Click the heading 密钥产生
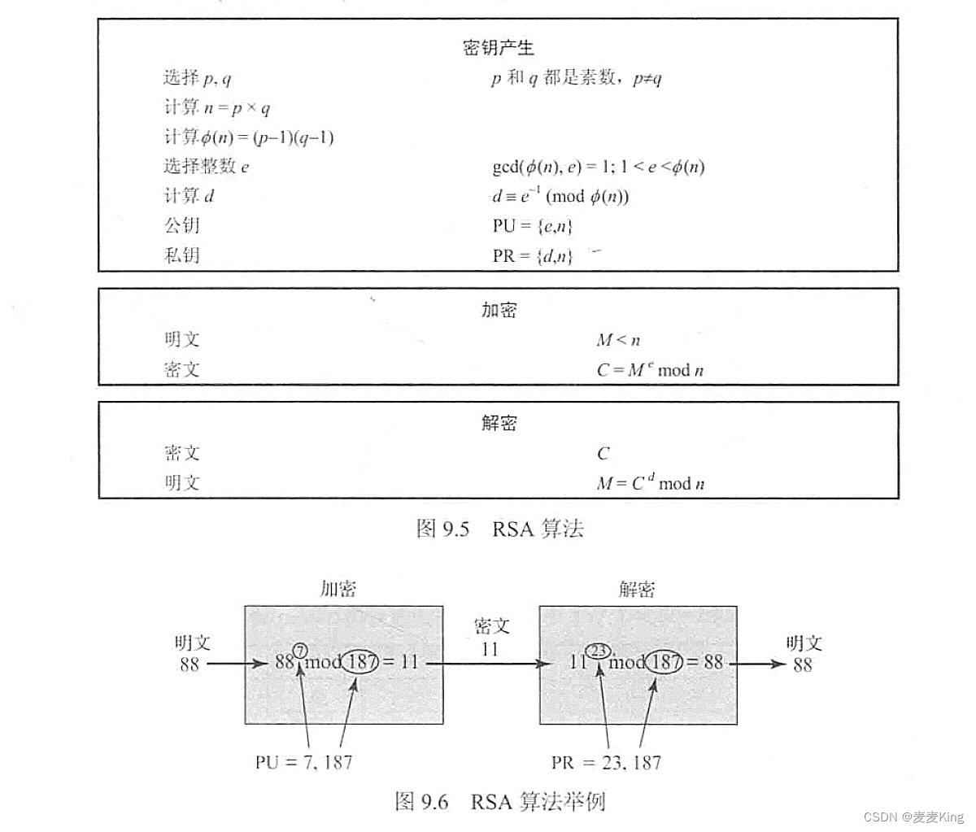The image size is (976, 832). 498,48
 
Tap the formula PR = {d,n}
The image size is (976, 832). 533,256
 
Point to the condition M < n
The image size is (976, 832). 618,340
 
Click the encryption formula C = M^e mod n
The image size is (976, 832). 650,370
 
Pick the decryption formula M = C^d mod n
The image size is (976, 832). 650,483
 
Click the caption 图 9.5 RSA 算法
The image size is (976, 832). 499,529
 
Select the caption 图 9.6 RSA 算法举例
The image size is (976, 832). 499,802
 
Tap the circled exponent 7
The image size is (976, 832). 300,651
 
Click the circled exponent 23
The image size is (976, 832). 599,651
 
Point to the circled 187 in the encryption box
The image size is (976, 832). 360,662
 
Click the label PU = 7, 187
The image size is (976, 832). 303,763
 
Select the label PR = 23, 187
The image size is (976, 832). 606,763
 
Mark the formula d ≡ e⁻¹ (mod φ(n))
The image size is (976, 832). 560,196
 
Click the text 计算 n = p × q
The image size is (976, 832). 217,107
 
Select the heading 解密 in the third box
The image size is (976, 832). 499,423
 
